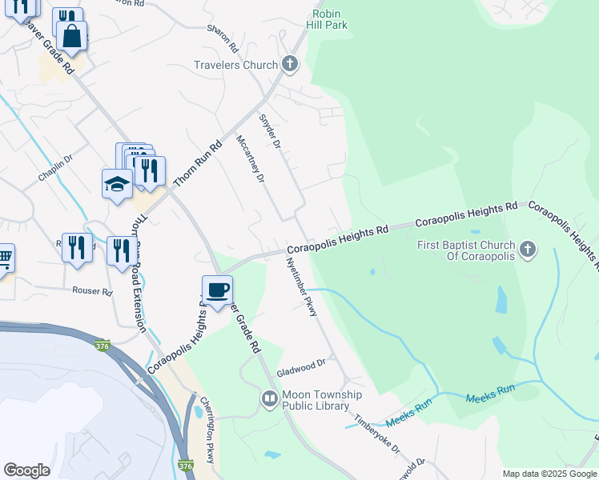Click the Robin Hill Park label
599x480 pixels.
[330, 20]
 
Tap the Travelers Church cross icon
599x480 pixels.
[290, 64]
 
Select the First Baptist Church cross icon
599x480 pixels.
[527, 250]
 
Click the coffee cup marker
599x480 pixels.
[217, 290]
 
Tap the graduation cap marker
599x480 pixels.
[117, 183]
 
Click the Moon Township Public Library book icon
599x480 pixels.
[270, 398]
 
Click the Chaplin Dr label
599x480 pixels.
[55, 169]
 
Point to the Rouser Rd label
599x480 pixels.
[91, 291]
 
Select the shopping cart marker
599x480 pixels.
[4, 258]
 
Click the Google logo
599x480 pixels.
[26, 470]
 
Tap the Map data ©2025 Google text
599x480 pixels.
[549, 474]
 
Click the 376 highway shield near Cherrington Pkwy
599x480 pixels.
[186, 466]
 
